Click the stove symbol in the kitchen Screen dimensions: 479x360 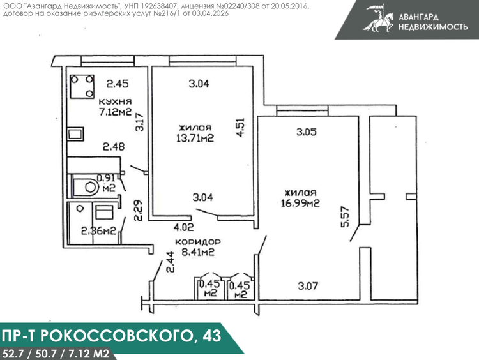pyautogui.click(x=82, y=86)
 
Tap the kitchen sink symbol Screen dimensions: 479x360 pyautogui.click(x=75, y=134)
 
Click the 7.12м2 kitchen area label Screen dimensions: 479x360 pyautogui.click(x=115, y=112)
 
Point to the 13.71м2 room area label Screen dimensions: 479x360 pyautogui.click(x=195, y=139)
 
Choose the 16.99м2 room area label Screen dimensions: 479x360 pyautogui.click(x=300, y=203)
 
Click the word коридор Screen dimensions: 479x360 pyautogui.click(x=197, y=242)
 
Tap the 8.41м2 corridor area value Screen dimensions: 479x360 pyautogui.click(x=197, y=252)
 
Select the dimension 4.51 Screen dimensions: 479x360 pyautogui.click(x=240, y=128)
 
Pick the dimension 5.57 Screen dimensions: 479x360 pyautogui.click(x=345, y=217)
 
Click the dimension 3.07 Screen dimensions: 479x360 pyautogui.click(x=308, y=286)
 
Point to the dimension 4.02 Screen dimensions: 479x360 pyautogui.click(x=183, y=227)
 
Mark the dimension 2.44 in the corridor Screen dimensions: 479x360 pyautogui.click(x=170, y=262)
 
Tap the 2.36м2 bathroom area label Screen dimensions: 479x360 pyautogui.click(x=98, y=231)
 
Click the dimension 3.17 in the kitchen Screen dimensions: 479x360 pyautogui.click(x=139, y=122)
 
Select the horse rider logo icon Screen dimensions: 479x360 pyautogui.click(x=378, y=19)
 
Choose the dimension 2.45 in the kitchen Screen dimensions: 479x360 pyautogui.click(x=118, y=84)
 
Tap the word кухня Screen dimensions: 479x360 pyautogui.click(x=115, y=101)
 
